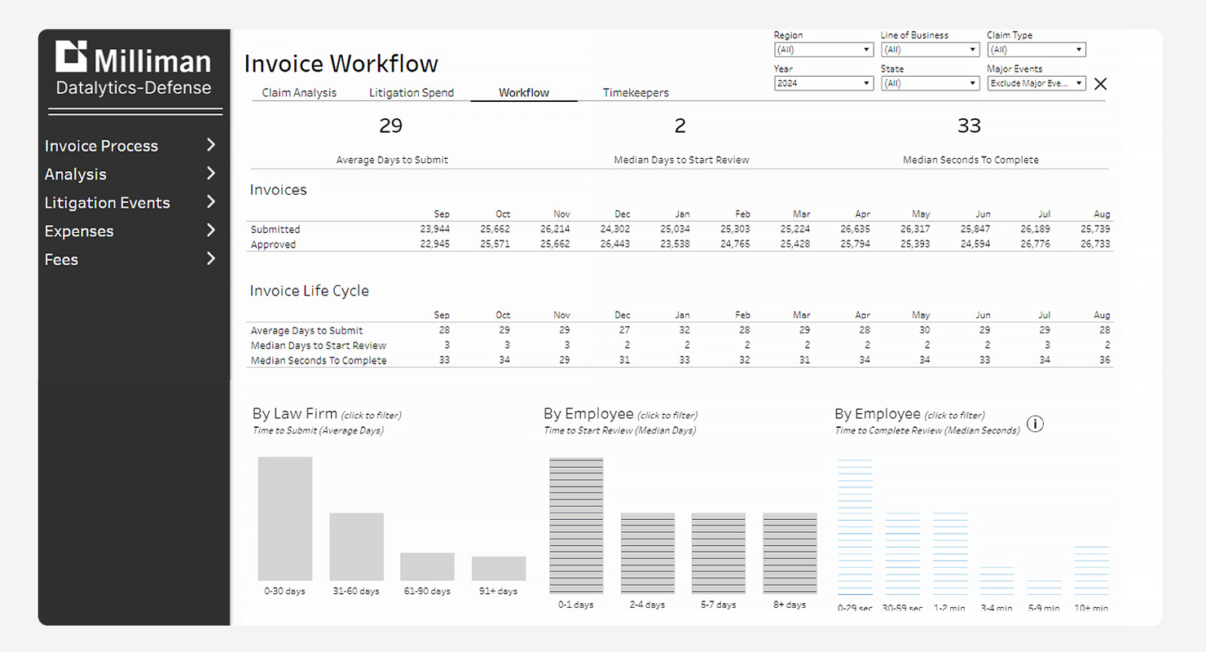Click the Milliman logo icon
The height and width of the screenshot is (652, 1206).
click(71, 56)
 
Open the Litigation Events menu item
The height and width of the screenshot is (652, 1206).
click(107, 203)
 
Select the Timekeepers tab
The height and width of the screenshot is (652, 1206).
click(636, 93)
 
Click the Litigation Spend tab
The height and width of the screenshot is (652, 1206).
click(412, 93)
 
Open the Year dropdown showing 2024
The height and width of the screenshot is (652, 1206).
click(823, 83)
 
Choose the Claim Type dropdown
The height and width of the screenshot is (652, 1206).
click(1036, 50)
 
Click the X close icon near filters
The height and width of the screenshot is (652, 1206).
click(1101, 84)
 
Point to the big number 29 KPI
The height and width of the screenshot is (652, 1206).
click(391, 126)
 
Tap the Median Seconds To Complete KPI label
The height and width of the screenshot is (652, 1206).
click(971, 160)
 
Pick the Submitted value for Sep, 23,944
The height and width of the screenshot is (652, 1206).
click(435, 229)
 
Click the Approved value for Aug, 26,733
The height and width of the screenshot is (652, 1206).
click(1095, 244)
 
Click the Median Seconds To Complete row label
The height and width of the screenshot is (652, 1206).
click(319, 360)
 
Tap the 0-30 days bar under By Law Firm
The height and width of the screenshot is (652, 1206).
click(285, 518)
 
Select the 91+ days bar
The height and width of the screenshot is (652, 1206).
click(499, 568)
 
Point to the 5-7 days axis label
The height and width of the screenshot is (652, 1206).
click(719, 605)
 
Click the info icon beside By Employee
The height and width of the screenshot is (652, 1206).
click(1035, 424)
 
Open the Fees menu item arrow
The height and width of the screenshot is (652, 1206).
click(211, 259)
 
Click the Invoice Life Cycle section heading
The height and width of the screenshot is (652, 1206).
click(309, 291)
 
